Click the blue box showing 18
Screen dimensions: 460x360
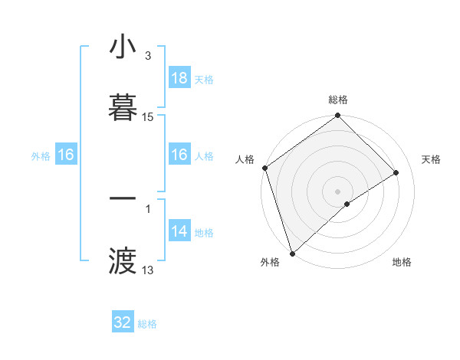point(179,78)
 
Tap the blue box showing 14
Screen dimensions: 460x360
point(179,232)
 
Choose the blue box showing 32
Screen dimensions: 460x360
point(123,322)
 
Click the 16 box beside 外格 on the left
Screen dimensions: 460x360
point(66,155)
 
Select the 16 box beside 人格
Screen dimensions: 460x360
point(179,155)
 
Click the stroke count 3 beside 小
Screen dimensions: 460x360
point(147,56)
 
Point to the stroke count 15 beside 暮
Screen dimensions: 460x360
point(148,117)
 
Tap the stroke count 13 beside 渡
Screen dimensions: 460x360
point(148,270)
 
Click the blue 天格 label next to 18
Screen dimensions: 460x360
point(204,79)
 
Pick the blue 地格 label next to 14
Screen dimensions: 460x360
point(204,233)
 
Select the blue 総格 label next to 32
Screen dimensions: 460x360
point(147,323)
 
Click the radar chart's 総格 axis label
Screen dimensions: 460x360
point(338,100)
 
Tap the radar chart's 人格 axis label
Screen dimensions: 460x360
point(245,159)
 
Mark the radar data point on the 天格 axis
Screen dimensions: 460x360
point(396,172)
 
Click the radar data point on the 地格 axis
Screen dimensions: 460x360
point(347,204)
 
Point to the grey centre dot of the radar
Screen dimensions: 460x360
point(337,191)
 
